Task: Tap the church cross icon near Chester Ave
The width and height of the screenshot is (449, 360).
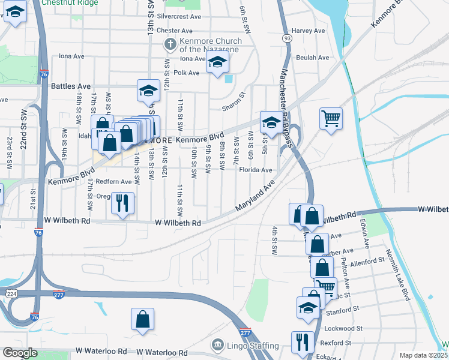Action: pyautogui.click(x=170, y=44)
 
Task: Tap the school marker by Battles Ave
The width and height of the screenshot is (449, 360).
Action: pyautogui.click(x=148, y=91)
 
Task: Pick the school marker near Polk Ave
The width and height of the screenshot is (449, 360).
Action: pyautogui.click(x=217, y=61)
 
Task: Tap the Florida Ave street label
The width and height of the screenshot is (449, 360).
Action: pyautogui.click(x=256, y=170)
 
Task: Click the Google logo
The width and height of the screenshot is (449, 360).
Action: pyautogui.click(x=20, y=353)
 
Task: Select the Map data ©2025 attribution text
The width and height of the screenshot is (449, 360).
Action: pyautogui.click(x=423, y=355)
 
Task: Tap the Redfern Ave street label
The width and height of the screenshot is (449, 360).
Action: pyautogui.click(x=113, y=181)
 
